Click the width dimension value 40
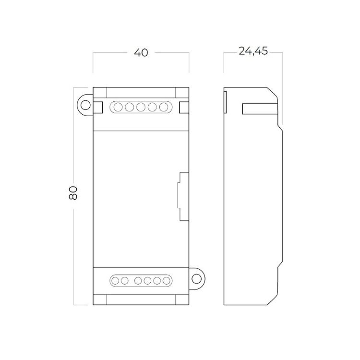coord(141,53)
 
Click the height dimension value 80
coord(73,193)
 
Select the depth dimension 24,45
coord(253,51)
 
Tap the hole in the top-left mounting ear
coord(86,106)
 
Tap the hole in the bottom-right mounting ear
coord(196,279)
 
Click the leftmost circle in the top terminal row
coord(118,107)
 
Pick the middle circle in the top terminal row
coord(141,107)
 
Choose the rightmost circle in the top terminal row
coord(164,107)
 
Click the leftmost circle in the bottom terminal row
coord(115,281)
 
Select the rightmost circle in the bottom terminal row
coord(167,281)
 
